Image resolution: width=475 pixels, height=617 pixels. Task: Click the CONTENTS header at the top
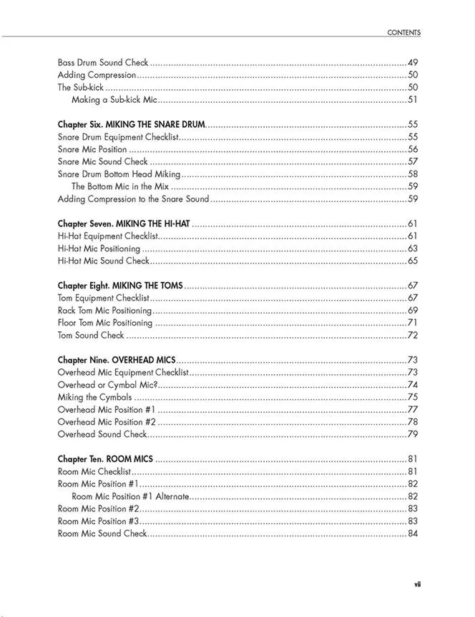click(x=403, y=32)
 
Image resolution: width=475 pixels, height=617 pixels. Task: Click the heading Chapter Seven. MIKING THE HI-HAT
click(x=124, y=224)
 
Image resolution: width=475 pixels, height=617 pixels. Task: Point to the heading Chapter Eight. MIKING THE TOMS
click(x=120, y=286)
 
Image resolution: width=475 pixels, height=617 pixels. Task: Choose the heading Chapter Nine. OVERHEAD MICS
click(x=116, y=360)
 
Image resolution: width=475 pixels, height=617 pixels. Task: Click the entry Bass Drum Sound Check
click(x=103, y=62)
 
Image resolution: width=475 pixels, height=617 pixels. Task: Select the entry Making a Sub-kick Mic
click(x=114, y=100)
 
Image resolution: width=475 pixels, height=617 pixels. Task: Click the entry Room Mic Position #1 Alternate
click(x=130, y=496)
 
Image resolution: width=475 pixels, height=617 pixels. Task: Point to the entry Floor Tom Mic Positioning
click(x=105, y=323)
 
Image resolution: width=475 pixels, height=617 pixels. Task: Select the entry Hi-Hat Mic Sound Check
click(x=103, y=261)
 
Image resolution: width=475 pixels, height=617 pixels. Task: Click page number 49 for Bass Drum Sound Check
click(x=413, y=62)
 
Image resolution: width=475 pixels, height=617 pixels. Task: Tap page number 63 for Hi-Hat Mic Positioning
click(x=413, y=249)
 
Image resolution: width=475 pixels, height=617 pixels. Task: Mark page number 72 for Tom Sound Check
click(x=413, y=335)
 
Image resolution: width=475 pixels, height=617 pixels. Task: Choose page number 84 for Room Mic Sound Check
click(x=413, y=533)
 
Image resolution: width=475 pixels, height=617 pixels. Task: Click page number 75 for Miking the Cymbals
click(x=413, y=397)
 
